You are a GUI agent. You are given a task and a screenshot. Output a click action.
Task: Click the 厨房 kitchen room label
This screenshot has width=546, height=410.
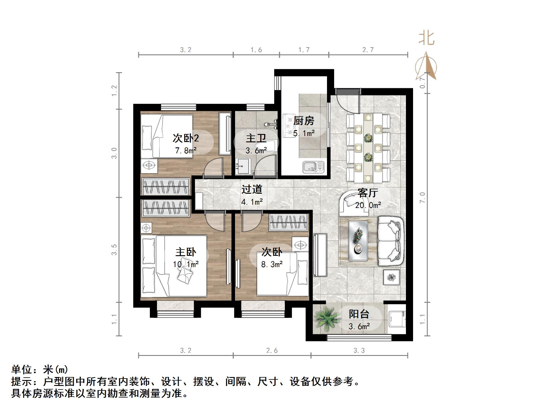point(304,121)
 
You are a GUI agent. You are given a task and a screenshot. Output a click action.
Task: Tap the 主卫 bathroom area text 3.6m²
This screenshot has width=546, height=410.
point(256,151)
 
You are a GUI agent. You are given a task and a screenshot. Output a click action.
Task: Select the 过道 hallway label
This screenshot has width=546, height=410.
point(252,189)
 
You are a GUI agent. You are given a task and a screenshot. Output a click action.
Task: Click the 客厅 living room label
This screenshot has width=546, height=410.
point(368,193)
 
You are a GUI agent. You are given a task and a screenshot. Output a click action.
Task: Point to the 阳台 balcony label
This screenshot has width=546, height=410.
point(359,314)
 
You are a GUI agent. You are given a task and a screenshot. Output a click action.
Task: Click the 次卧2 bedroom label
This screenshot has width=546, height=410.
point(186,138)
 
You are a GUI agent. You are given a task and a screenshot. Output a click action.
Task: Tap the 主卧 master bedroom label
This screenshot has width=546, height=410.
point(186,252)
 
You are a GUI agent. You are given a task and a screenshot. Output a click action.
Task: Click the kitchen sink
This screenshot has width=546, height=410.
point(313,167)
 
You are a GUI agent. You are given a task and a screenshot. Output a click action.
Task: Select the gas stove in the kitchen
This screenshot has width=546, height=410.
point(288,126)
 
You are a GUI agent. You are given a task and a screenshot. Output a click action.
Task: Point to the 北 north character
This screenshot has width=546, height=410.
point(427,38)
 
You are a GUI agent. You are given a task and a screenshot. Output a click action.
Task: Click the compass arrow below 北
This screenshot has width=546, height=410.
point(426,67)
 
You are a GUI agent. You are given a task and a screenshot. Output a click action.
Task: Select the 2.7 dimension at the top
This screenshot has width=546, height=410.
point(368,50)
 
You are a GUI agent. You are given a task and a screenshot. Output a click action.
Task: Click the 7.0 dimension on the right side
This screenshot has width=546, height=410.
point(423,198)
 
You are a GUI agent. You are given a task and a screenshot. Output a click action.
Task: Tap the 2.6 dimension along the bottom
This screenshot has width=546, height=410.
point(272,351)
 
